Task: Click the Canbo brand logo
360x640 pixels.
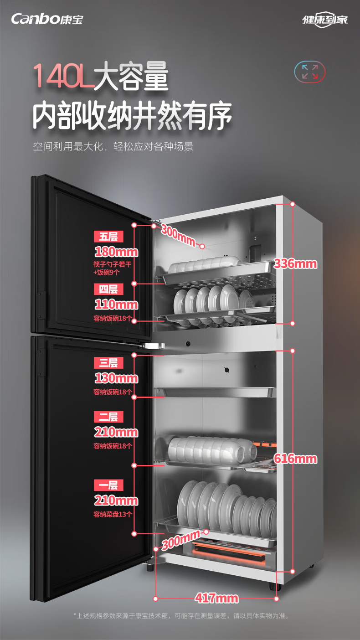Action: tap(47, 19)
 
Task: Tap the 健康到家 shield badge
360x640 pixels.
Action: tap(325, 20)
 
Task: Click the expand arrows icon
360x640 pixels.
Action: tap(310, 72)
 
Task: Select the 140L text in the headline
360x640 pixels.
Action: tap(64, 76)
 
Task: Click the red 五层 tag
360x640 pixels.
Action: tap(108, 237)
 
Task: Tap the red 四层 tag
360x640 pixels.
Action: tap(108, 289)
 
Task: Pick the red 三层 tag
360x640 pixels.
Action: tap(108, 363)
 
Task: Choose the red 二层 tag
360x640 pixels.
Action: tap(108, 417)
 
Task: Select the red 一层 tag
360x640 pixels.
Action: tap(108, 485)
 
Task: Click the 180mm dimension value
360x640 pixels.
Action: tap(116, 252)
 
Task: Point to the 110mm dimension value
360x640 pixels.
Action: tap(116, 305)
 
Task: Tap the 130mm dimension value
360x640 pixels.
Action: tap(116, 378)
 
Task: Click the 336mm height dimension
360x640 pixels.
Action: tap(295, 264)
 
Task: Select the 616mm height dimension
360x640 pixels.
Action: tap(295, 459)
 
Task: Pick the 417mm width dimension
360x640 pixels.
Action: tap(216, 598)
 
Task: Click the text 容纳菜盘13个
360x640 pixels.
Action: tap(113, 515)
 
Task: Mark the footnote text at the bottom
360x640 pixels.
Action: tap(181, 616)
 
